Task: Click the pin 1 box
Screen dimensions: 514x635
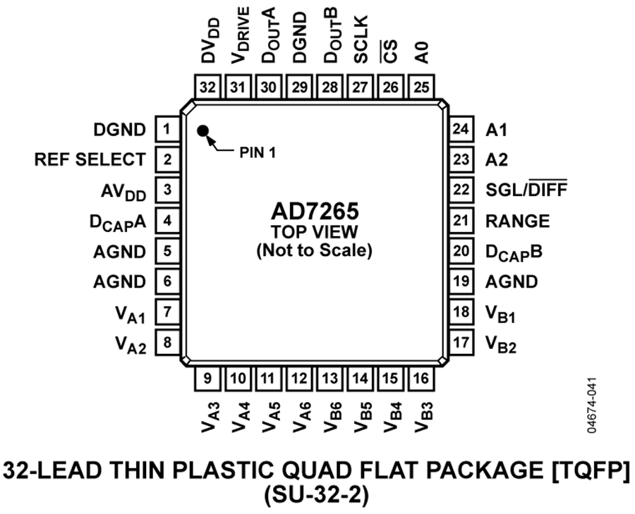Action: pos(167,130)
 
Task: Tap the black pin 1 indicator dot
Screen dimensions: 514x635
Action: pos(203,130)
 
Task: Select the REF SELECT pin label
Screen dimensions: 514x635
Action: pos(90,160)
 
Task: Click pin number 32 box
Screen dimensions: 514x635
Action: pos(207,87)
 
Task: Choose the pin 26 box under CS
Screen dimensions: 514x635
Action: pos(390,87)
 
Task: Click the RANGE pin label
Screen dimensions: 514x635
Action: pos(517,221)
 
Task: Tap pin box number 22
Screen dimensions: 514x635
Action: pos(461,190)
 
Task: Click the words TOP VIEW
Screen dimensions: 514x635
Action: pos(313,231)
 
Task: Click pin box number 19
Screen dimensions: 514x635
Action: pos(461,282)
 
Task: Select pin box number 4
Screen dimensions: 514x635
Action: pos(167,221)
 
